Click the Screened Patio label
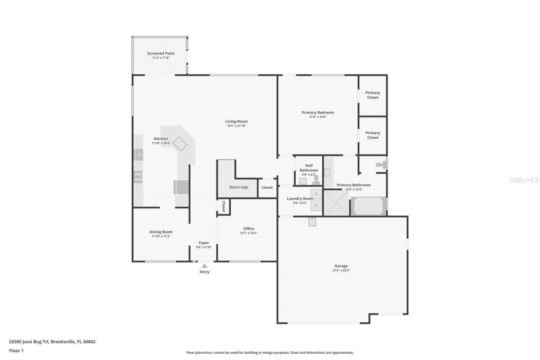coord(161,54)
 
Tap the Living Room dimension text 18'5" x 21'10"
coord(236,126)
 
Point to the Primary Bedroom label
coord(318,112)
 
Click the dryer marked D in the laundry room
coord(316,194)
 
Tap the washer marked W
coord(316,206)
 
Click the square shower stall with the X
coord(336,203)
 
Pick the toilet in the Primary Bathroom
coord(381,164)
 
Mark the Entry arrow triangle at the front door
coord(204,266)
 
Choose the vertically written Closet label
coord(224,206)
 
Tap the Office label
coord(248,229)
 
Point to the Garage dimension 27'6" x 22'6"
coord(341,270)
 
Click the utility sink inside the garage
coord(312,222)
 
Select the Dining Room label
coord(161,232)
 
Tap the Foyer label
coord(204,243)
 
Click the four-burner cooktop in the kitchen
coord(138,176)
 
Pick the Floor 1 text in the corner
coord(16,350)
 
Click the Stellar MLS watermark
coord(524,180)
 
